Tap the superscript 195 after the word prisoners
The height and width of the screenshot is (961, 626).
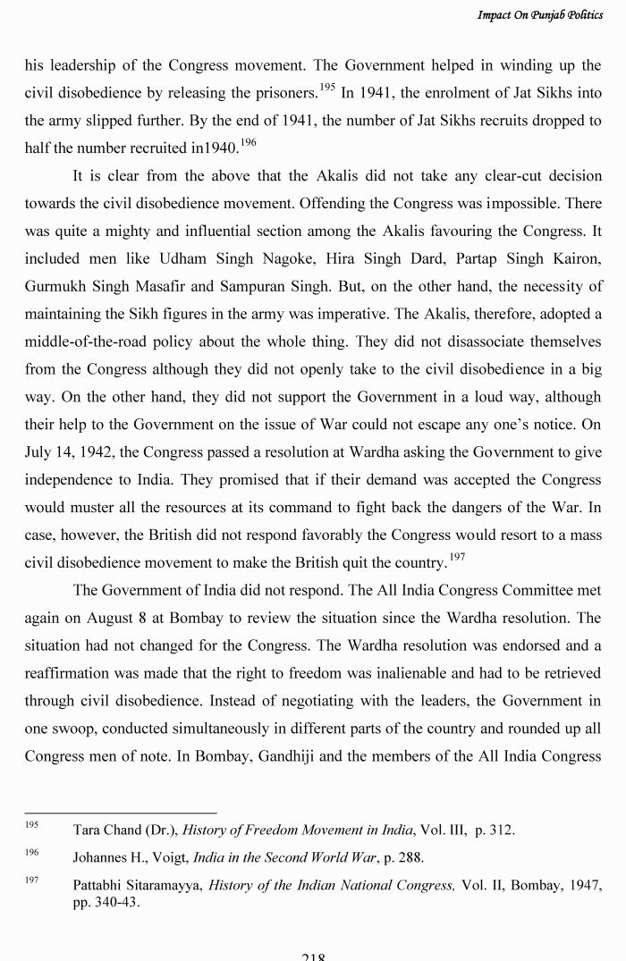[327, 86]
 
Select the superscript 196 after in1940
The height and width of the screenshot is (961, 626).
[247, 143]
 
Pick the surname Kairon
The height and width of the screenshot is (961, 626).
[573, 258]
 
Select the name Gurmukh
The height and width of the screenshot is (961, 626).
[54, 287]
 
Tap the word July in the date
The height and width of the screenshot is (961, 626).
[40, 453]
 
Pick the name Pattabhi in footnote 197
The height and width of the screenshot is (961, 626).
[99, 885]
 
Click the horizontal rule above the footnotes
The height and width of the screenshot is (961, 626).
[121, 813]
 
